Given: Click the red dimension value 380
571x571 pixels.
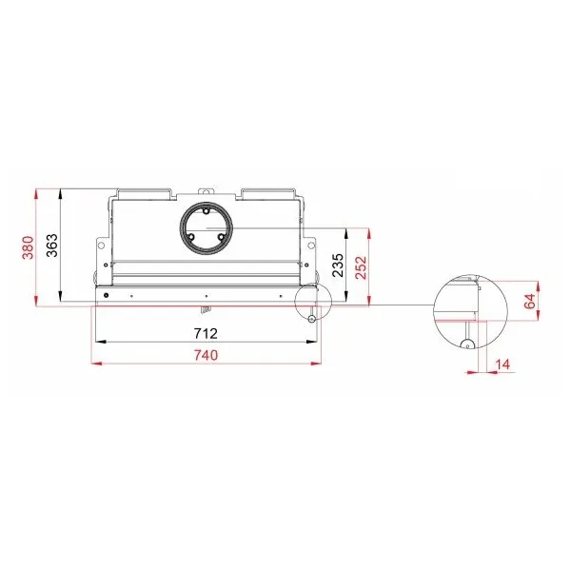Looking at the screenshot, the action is click(28, 247).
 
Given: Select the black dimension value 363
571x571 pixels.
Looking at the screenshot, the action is click(52, 246).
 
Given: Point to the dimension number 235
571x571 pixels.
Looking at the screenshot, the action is click(338, 266).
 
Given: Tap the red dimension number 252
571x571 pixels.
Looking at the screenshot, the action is click(361, 267).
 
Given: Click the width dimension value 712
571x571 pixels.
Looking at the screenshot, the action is click(206, 334).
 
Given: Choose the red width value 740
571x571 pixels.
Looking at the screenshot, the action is click(206, 355).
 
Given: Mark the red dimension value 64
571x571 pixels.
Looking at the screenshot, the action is click(530, 301).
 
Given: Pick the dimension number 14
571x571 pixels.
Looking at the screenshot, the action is click(502, 364).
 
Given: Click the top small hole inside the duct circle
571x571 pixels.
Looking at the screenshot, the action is click(206, 211).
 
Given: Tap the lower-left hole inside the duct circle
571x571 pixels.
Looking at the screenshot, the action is click(191, 237).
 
